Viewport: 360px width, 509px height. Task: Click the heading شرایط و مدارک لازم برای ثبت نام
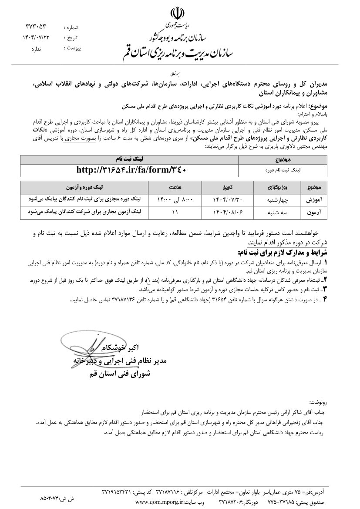[x=287, y=253]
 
